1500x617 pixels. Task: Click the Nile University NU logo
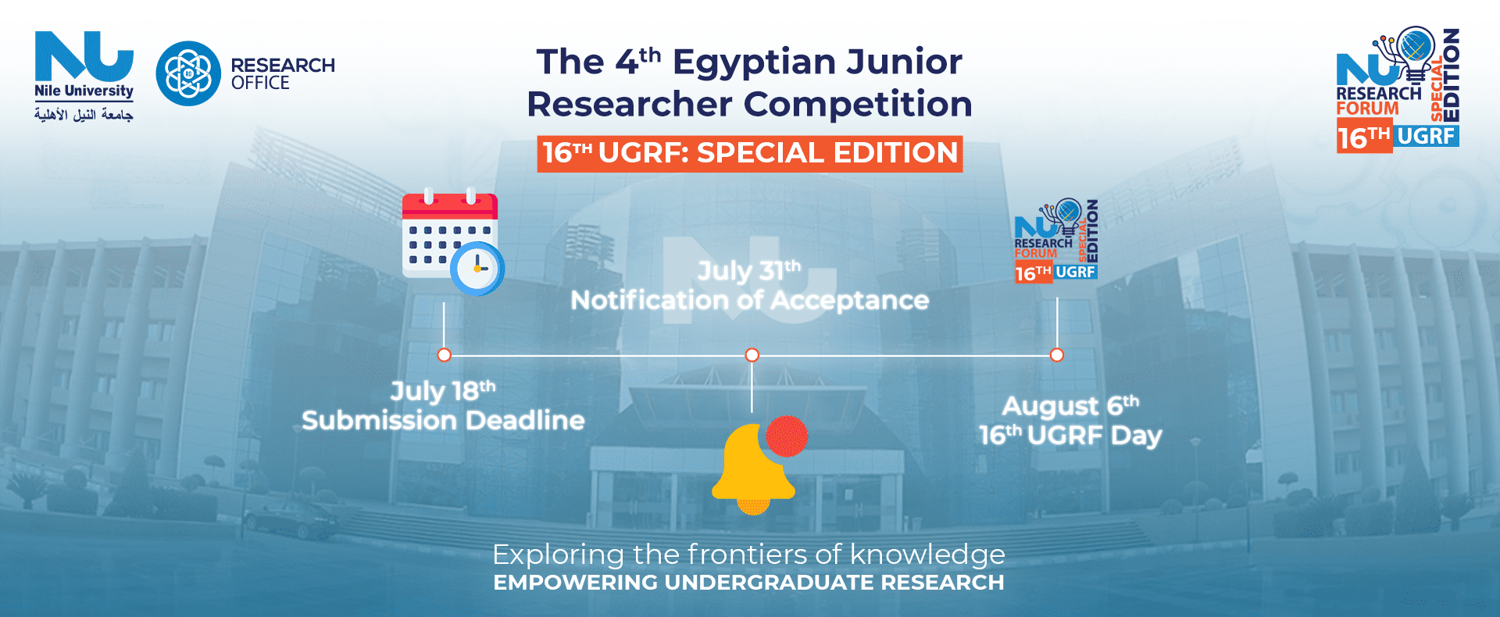coord(84,77)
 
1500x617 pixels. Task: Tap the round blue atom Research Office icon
coord(188,73)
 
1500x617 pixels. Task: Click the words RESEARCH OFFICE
coord(283,73)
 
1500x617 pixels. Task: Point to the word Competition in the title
coord(857,104)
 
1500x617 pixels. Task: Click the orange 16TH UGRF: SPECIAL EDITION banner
coord(750,153)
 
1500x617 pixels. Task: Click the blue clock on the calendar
coord(477,269)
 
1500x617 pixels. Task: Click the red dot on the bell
coord(787,436)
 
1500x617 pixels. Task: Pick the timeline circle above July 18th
coord(444,355)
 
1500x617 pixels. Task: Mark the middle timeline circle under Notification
coord(752,355)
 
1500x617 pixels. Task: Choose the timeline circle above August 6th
coord(1057,355)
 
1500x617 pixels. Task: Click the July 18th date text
coord(443,390)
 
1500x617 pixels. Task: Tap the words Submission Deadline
coord(443,420)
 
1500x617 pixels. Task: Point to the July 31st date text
coord(749,270)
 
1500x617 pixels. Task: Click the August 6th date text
coord(1070,405)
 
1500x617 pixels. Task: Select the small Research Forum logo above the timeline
coord(1056,241)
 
